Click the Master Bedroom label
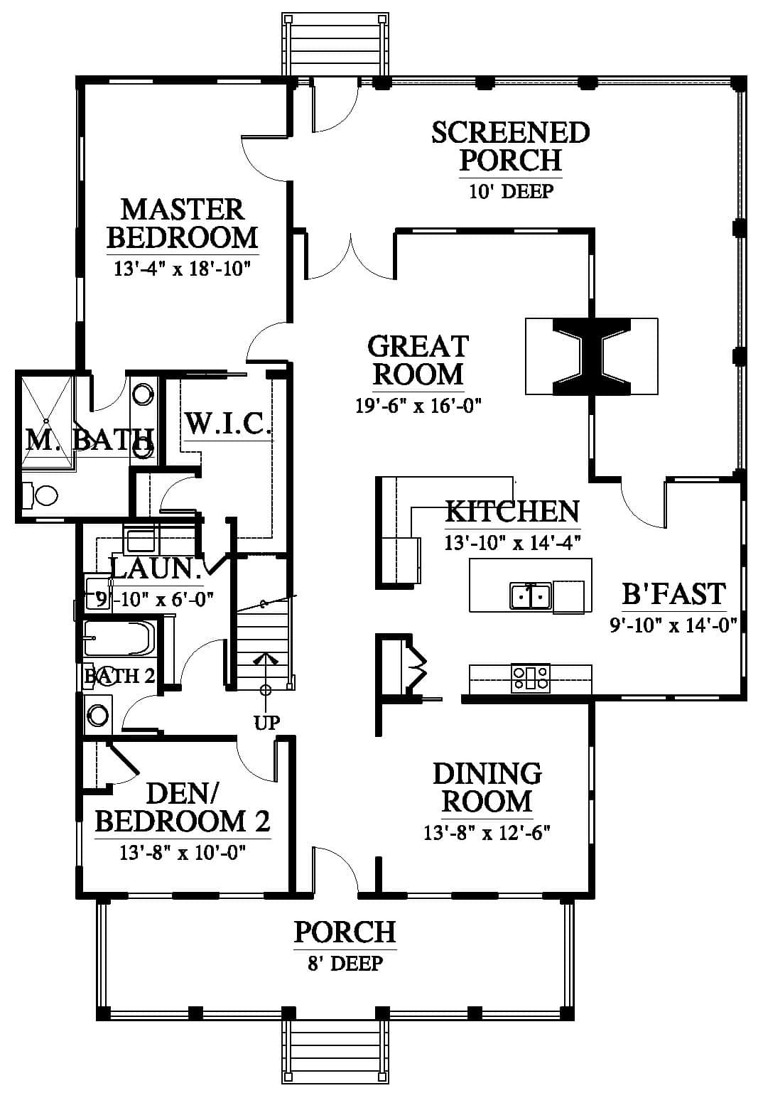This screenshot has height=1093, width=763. pos(183,223)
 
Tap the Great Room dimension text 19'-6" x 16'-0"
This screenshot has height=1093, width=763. pos(418,406)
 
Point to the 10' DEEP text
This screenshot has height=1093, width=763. pos(512,190)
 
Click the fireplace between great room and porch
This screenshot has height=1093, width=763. pos(591,356)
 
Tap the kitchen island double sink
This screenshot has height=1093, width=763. pos(531,596)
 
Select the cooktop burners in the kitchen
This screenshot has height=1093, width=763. pos(530,678)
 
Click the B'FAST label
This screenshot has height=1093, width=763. pos(673,594)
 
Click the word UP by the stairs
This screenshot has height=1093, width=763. pos(267,723)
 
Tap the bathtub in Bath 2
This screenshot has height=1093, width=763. pos(119,639)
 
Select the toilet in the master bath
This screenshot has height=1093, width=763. pos(40,496)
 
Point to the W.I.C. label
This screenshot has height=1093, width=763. pos(228,424)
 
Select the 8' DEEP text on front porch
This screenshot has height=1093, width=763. pos(345,964)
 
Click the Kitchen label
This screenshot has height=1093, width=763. pos(512,512)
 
